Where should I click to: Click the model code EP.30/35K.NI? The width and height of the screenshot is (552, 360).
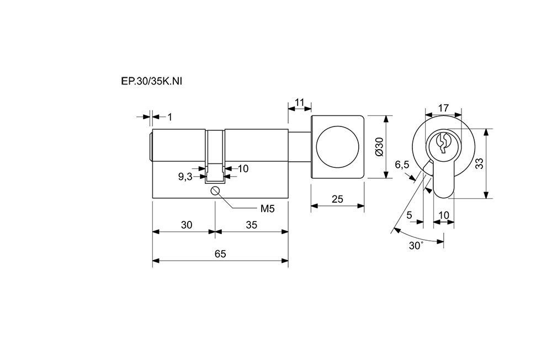(x=151, y=81)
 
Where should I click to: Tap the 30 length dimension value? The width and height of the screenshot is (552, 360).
(x=187, y=224)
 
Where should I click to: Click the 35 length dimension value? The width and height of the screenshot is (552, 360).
(x=251, y=224)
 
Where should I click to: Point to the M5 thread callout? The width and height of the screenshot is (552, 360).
(x=267, y=209)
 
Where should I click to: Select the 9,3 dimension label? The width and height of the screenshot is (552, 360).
(x=185, y=177)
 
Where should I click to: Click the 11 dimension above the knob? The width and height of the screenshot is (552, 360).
(x=300, y=102)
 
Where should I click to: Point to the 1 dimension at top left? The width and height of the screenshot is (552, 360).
(x=169, y=117)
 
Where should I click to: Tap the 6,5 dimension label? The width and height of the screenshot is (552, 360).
(x=402, y=165)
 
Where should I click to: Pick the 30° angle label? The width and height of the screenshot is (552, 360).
(x=416, y=246)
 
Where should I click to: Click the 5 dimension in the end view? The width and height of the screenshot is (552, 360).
(x=409, y=215)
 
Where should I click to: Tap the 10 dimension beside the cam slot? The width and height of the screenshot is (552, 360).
(x=243, y=168)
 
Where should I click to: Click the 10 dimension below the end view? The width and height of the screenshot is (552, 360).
(x=443, y=215)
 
